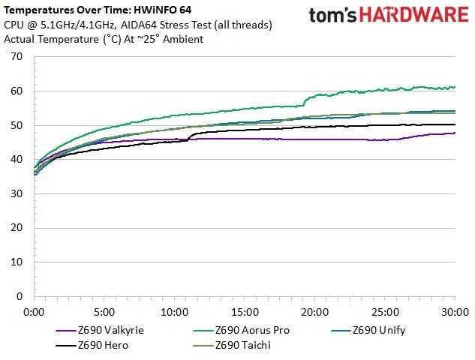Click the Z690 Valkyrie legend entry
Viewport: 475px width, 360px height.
click(100, 330)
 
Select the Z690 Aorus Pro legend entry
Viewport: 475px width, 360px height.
click(241, 330)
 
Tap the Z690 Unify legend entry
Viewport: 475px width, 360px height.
click(368, 330)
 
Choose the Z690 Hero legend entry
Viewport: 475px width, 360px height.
click(92, 345)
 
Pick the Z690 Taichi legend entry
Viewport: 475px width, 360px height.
click(232, 345)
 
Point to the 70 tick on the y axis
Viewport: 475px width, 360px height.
click(17, 56)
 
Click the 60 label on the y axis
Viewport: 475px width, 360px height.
click(17, 91)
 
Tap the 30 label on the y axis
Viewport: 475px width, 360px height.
click(17, 193)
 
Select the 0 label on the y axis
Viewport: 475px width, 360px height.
click(20, 296)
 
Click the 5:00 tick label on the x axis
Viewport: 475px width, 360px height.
click(104, 312)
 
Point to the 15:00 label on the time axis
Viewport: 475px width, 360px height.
click(245, 312)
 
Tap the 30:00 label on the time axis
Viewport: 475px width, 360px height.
click(455, 312)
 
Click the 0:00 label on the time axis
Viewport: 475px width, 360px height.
click(34, 312)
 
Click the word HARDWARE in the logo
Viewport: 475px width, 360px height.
click(414, 14)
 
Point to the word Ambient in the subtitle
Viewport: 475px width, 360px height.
click(183, 39)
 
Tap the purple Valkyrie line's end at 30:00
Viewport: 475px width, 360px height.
click(455, 133)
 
